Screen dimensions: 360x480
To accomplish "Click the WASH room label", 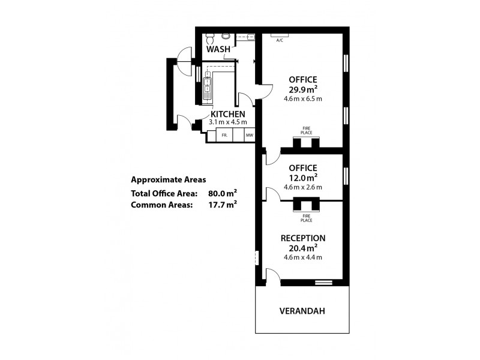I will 218,49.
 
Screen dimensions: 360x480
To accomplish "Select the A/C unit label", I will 279,40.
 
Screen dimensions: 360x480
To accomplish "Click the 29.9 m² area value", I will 303,90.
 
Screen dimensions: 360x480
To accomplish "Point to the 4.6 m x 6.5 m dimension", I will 303,99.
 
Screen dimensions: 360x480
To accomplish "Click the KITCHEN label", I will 227,113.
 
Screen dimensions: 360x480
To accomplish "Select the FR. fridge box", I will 224,136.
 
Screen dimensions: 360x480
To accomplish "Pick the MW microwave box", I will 249,136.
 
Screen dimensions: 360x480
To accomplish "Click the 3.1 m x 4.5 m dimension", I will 227,122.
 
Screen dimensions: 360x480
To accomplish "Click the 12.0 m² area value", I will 303,178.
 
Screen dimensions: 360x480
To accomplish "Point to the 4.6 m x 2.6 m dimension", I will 303,187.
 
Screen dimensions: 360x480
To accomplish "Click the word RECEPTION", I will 303,238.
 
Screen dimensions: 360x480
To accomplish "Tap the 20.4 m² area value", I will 303,247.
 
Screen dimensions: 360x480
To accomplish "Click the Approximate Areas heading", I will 168,179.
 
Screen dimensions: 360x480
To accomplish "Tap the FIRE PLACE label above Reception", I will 307,218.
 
